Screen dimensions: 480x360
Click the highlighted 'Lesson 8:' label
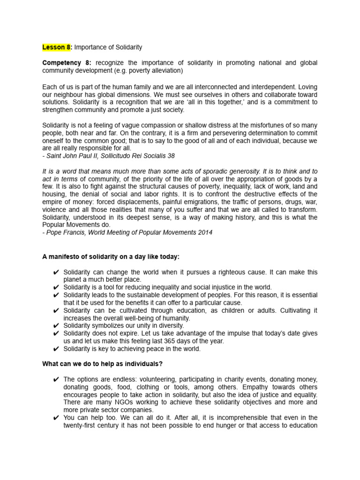[57, 47]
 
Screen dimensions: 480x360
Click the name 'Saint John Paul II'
[73, 156]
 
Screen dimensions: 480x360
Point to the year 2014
[205, 232]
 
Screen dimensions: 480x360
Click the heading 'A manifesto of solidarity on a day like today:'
[111, 256]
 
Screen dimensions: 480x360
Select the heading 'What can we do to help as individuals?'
[103, 364]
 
